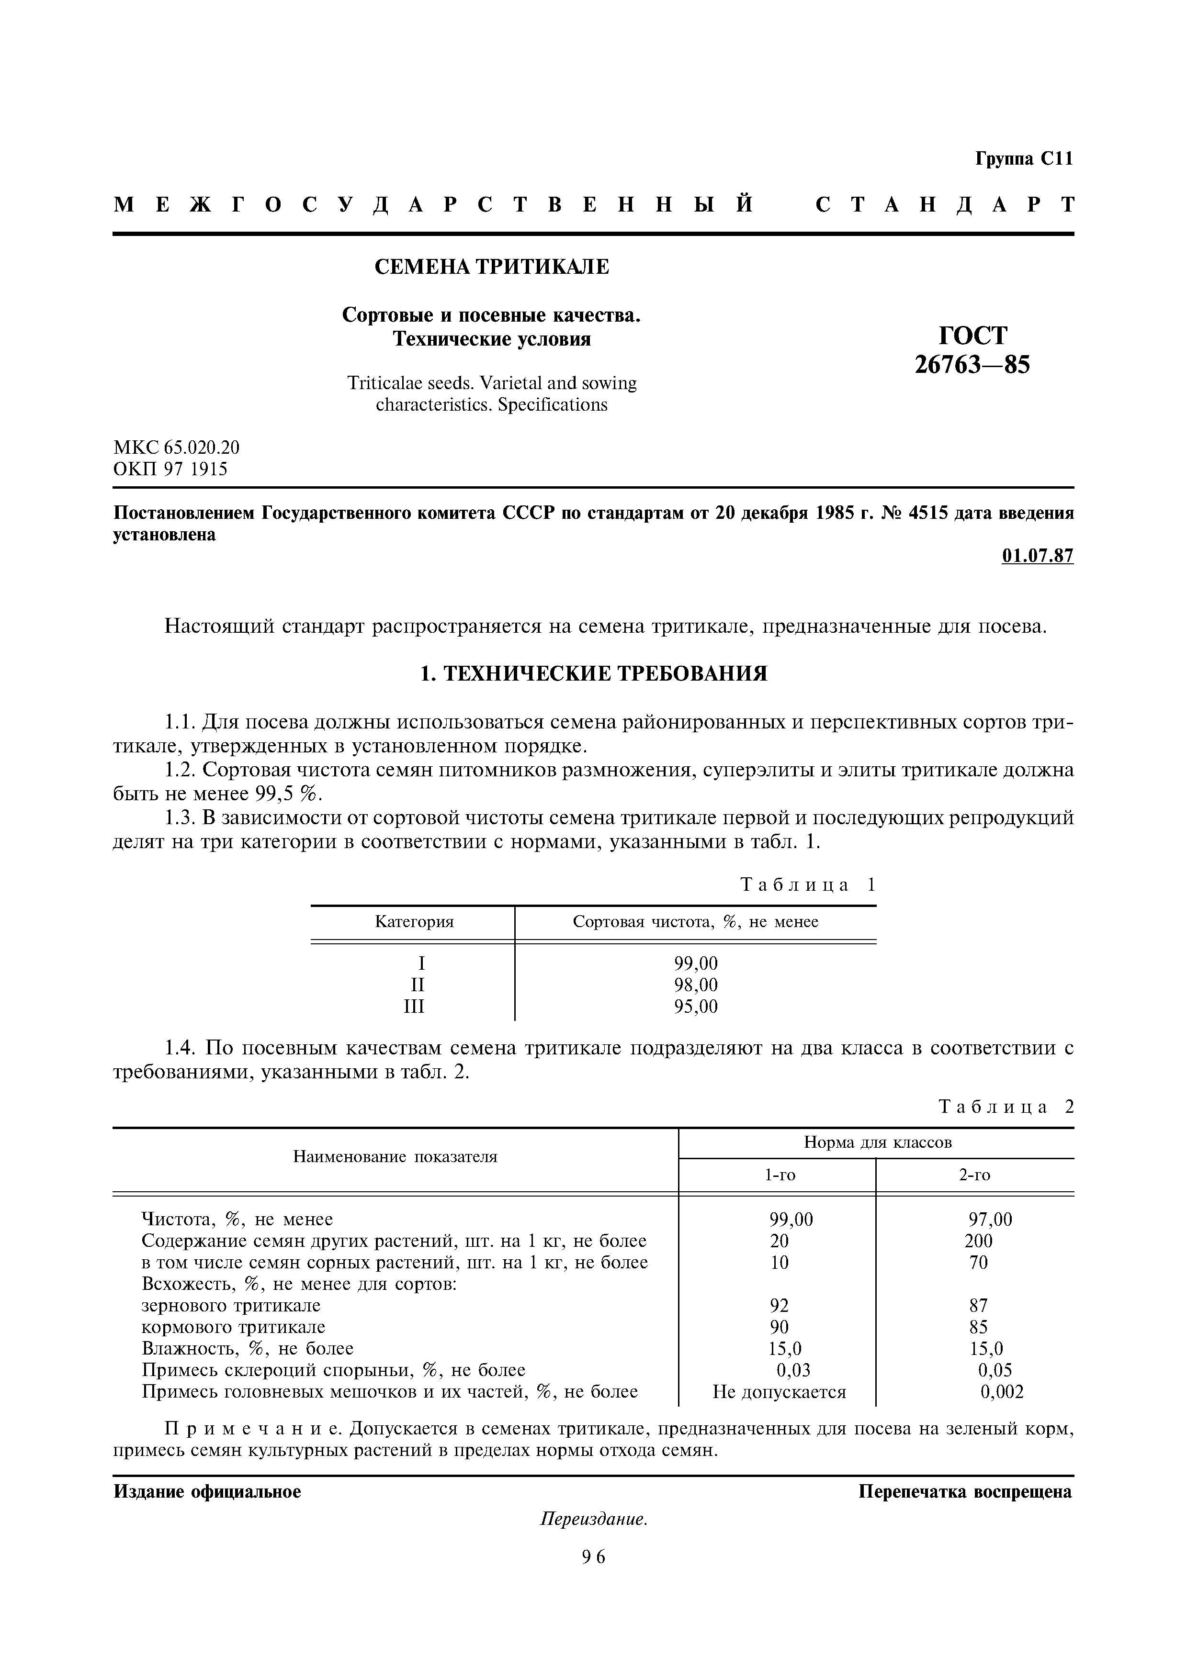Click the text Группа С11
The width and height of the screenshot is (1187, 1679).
pyautogui.click(x=1023, y=159)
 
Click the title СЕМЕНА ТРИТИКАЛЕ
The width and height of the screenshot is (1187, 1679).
pyautogui.click(x=491, y=267)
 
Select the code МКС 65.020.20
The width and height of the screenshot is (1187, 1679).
pyautogui.click(x=176, y=447)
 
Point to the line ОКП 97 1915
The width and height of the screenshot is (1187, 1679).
pyautogui.click(x=170, y=469)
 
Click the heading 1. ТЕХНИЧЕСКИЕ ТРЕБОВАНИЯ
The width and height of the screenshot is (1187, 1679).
pyautogui.click(x=593, y=673)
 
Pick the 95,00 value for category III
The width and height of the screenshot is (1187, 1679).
pyautogui.click(x=696, y=1007)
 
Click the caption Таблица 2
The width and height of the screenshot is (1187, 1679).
pyautogui.click(x=1006, y=1107)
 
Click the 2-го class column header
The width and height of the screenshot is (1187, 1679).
pyautogui.click(x=974, y=1175)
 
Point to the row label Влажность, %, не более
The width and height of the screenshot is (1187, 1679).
pyautogui.click(x=247, y=1348)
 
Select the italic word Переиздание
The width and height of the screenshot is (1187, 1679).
pyautogui.click(x=594, y=1519)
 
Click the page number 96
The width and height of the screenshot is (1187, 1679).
pyautogui.click(x=594, y=1557)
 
